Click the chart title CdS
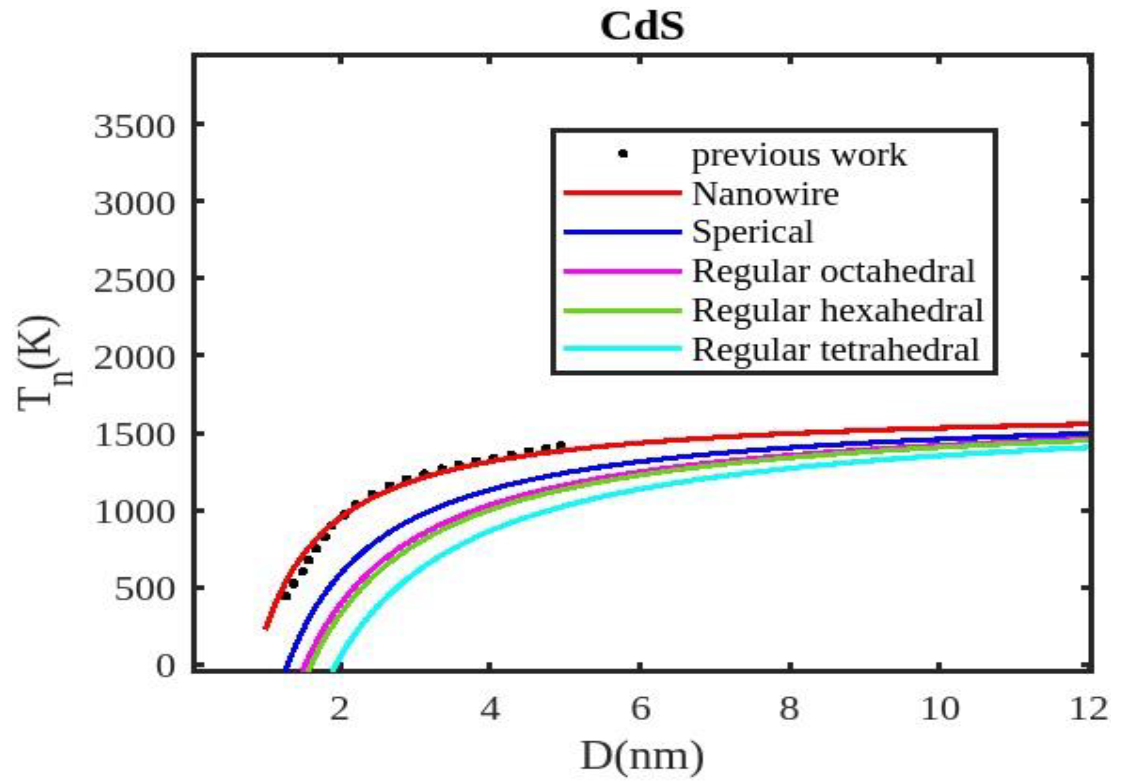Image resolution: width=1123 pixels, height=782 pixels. click(642, 27)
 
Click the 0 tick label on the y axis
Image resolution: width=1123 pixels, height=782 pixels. click(166, 667)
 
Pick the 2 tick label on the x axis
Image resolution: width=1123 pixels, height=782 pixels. click(339, 709)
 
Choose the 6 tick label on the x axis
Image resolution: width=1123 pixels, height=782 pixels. click(640, 709)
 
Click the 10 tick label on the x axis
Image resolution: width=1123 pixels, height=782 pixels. click(940, 709)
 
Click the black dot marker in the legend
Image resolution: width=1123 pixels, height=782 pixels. click(623, 153)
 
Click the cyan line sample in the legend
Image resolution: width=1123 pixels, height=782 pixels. click(623, 349)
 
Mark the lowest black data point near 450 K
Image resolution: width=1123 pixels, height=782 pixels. click(286, 596)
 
